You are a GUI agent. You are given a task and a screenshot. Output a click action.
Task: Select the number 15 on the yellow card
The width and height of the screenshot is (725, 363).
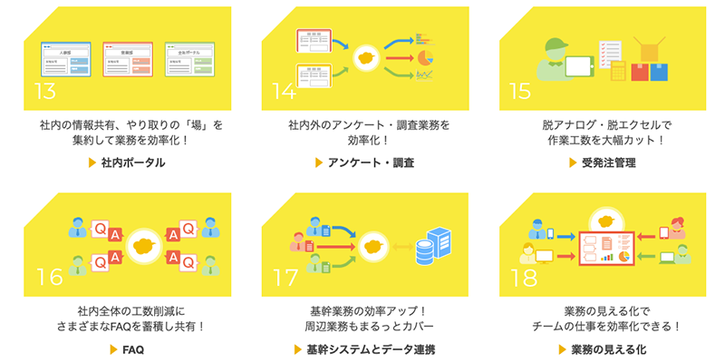pyautogui.click(x=519, y=92)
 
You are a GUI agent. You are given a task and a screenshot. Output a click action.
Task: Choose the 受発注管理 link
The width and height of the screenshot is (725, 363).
pyautogui.click(x=608, y=163)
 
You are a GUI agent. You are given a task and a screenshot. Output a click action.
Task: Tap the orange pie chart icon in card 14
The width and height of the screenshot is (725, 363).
pyautogui.click(x=423, y=57)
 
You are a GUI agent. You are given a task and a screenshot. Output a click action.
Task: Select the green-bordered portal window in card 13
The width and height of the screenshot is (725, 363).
pyautogui.click(x=189, y=58)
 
